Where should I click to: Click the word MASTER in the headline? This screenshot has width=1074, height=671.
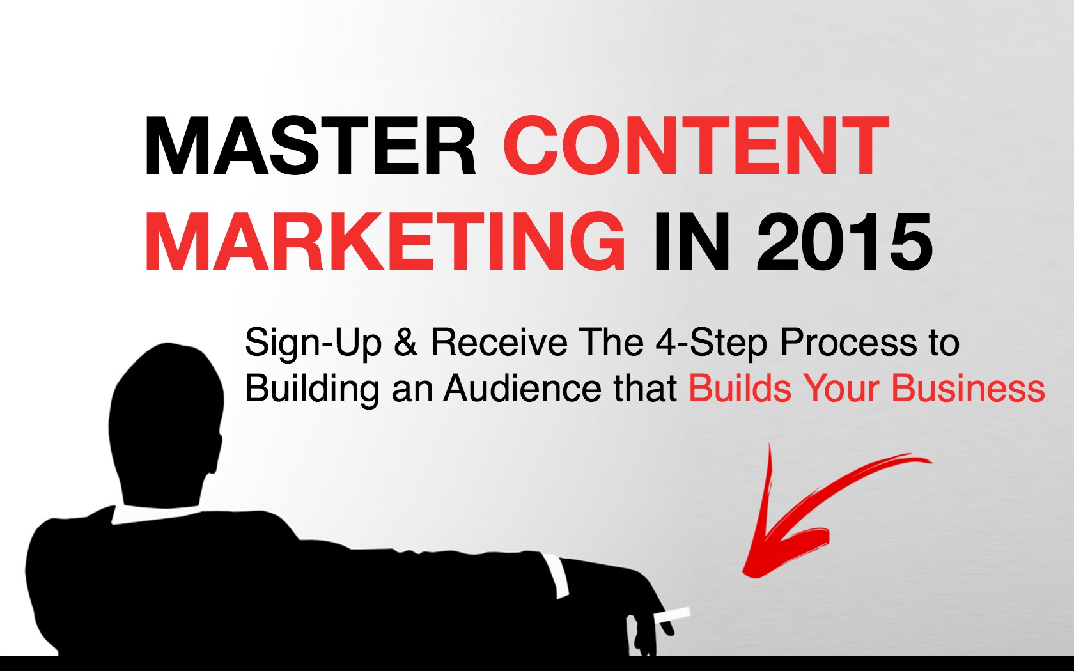310,146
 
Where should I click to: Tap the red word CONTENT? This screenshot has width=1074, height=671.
696,146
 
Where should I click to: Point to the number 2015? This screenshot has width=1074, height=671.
845,242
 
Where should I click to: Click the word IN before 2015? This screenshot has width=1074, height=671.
692,242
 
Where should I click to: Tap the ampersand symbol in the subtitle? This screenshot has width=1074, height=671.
407,343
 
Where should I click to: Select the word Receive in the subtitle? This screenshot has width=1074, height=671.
499,343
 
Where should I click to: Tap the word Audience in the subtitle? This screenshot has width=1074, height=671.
522,388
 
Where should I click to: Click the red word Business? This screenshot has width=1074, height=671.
968,388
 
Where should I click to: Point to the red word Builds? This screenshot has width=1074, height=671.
740,388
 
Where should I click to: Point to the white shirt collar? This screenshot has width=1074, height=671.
153,515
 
